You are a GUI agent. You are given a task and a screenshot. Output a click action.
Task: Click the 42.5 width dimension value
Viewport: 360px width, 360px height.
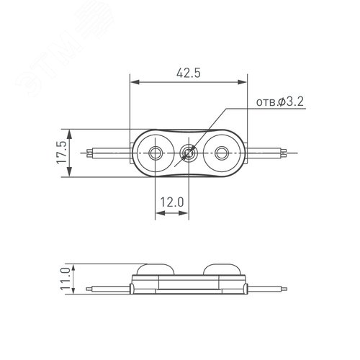[x=188, y=73]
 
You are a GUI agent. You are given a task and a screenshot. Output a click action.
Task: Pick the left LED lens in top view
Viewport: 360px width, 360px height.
[x=156, y=153]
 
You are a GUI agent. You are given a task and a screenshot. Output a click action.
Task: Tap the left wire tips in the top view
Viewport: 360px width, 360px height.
[x=89, y=153]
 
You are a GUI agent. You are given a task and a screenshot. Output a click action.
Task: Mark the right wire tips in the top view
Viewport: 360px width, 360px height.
[x=288, y=153]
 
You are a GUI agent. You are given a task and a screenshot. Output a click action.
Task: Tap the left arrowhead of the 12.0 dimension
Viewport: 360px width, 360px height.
[x=158, y=214]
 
